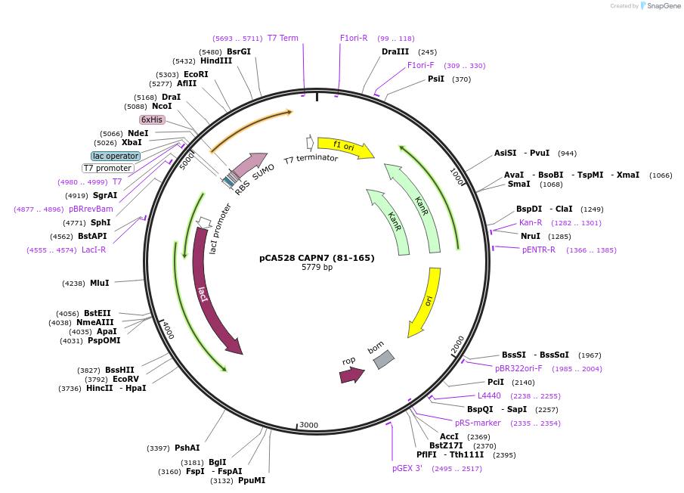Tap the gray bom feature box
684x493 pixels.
pos(384,359)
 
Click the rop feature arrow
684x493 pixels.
pos(351,374)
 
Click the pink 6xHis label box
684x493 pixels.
pos(152,119)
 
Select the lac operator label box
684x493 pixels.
pos(116,156)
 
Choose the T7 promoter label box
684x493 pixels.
pos(107,168)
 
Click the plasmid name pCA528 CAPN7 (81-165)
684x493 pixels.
pos(317,258)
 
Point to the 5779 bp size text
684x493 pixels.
pos(317,268)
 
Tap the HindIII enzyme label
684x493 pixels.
pos(216,61)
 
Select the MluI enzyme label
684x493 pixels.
pos(100,283)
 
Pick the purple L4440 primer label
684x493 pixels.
pos(489,395)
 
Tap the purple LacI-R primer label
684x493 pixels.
pos(94,250)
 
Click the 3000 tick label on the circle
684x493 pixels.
pos(309,425)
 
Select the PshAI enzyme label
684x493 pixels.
pos(187,448)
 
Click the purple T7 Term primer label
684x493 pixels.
pos(283,38)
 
